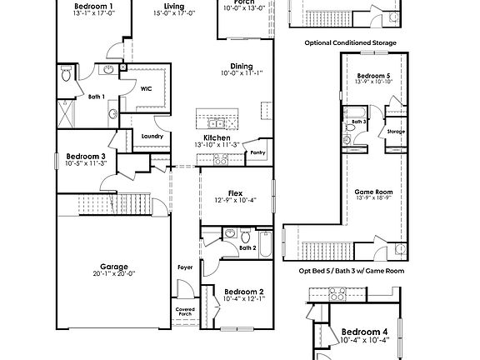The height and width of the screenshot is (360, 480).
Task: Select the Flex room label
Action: coord(236,191)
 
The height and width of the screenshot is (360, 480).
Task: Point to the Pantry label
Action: coord(258,152)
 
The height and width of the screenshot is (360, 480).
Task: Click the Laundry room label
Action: coord(152,136)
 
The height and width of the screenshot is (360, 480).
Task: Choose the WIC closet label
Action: coord(145,88)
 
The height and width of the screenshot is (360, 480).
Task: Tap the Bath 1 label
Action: coord(97,97)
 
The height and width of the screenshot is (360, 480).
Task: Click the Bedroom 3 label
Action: coord(86,156)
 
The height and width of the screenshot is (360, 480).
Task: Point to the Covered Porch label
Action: coord(185,312)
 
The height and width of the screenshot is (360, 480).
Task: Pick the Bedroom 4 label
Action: coord(365,332)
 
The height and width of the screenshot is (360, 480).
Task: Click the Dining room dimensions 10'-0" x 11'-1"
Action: coord(242,73)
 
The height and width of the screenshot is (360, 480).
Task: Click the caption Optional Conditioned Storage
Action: coord(350,42)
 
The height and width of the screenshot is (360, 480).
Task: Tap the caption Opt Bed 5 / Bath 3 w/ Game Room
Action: coord(351,271)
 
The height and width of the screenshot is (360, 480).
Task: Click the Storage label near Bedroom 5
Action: coord(396,131)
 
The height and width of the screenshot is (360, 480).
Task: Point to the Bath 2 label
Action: coord(247,247)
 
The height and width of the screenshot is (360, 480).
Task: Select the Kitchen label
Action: coord(217,137)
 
